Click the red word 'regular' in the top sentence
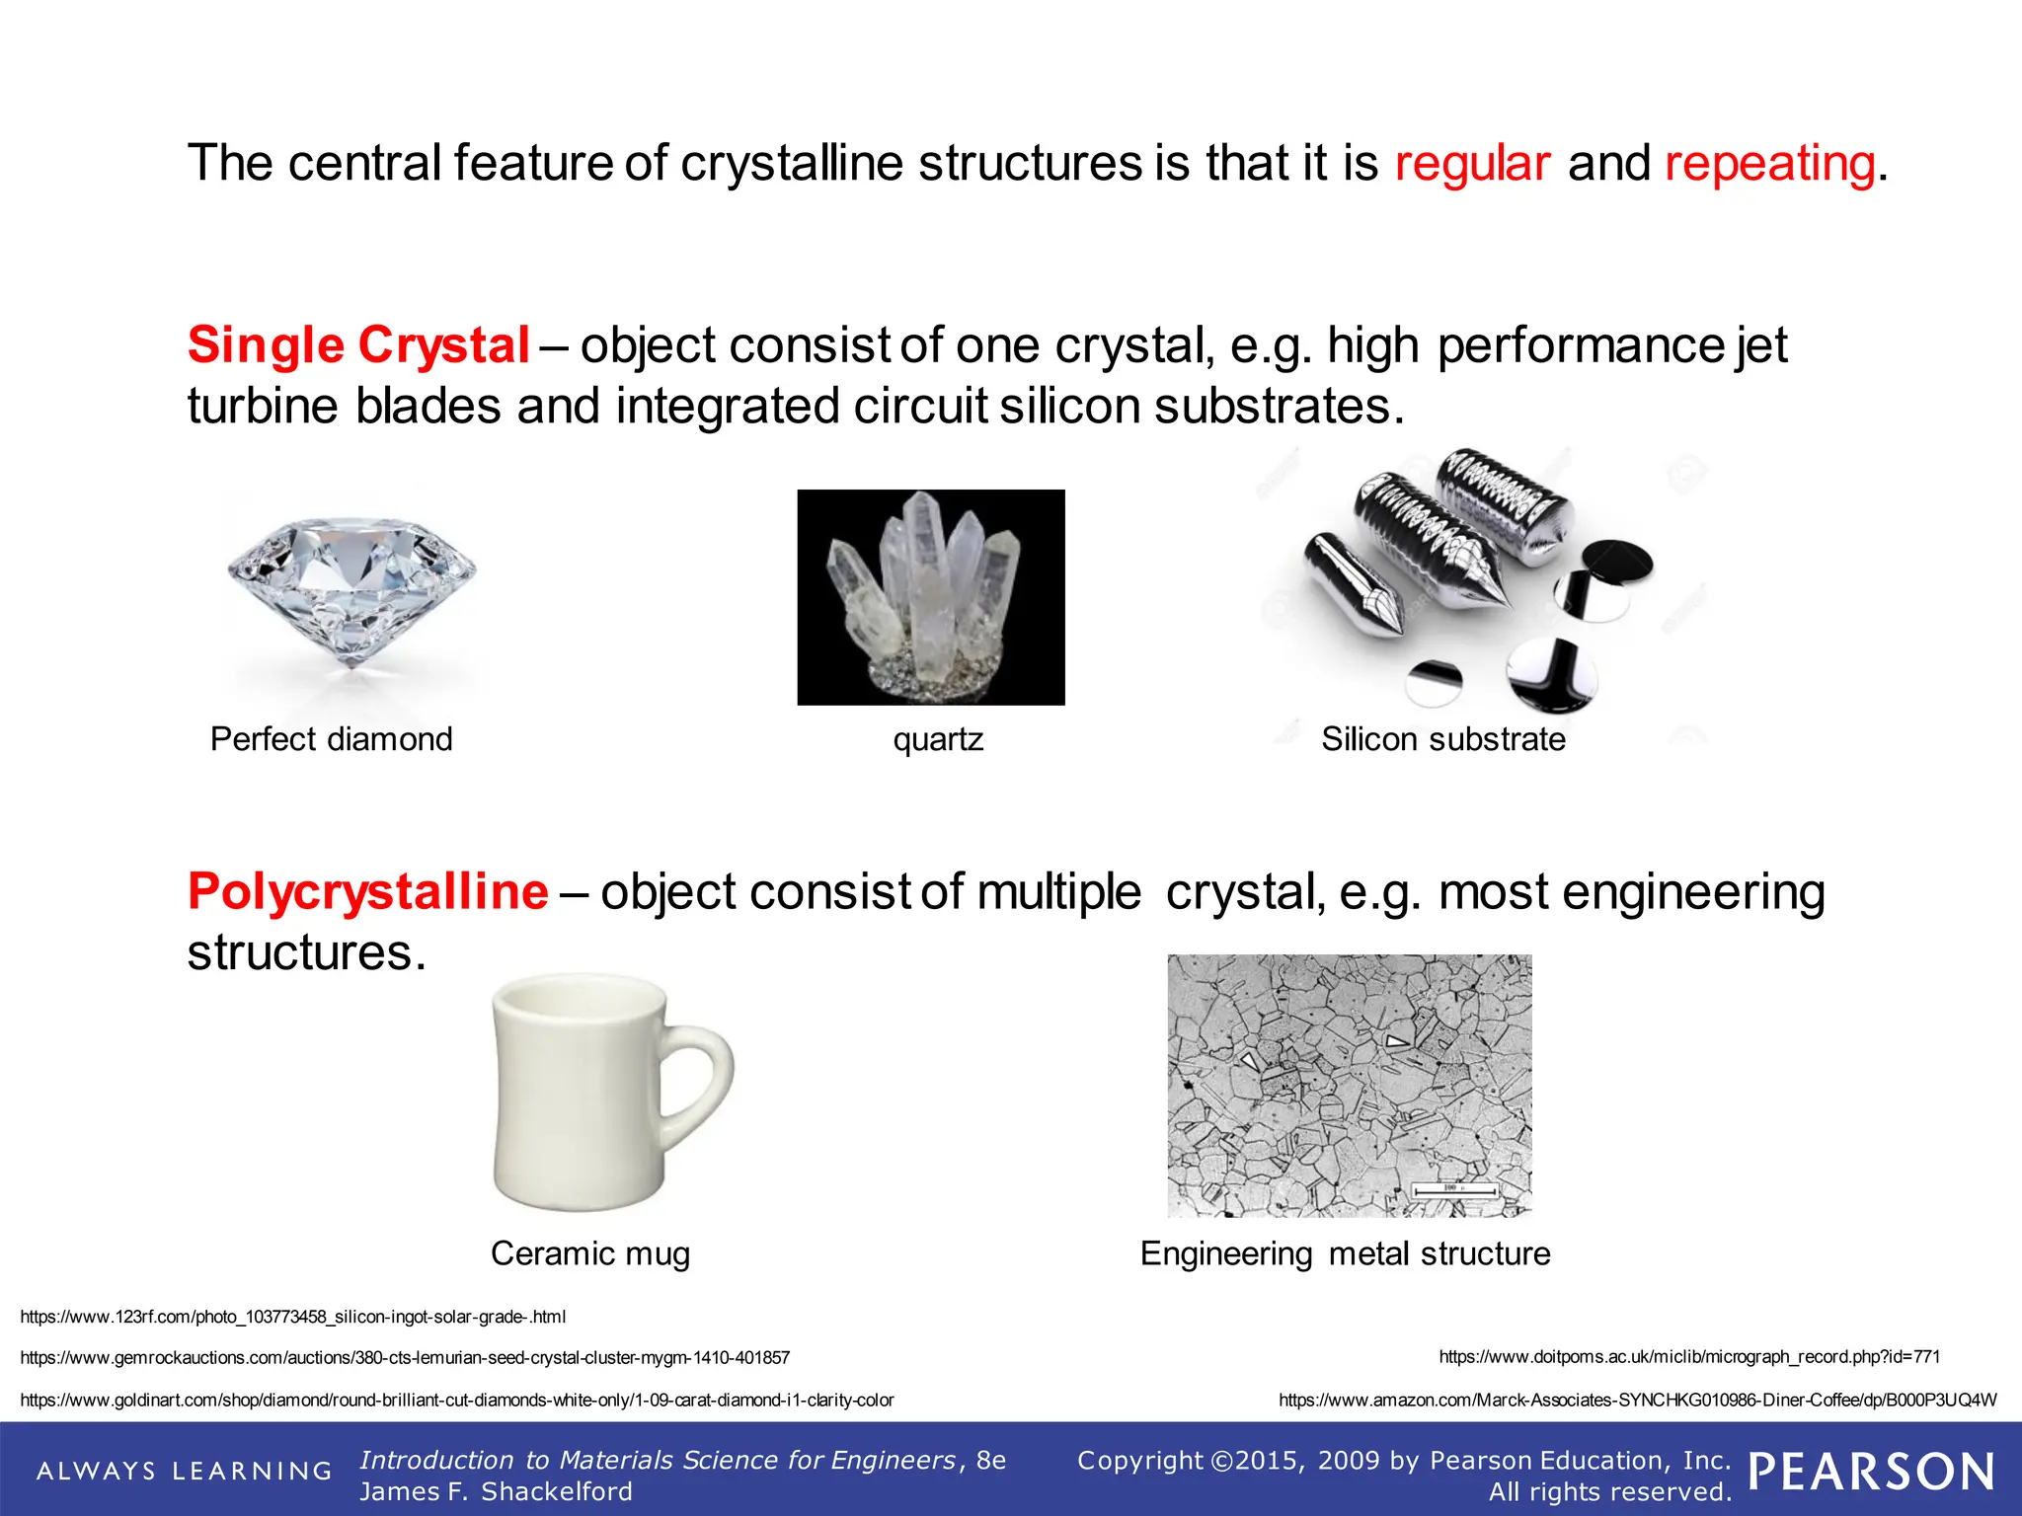(x=1471, y=163)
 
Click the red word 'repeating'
(x=1769, y=163)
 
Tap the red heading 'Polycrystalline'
(x=367, y=891)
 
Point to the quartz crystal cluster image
(x=930, y=597)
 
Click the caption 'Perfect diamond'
(x=331, y=739)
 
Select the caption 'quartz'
(x=938, y=739)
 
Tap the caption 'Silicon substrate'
(x=1442, y=739)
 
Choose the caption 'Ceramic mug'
(x=590, y=1253)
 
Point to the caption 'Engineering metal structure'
(x=1345, y=1253)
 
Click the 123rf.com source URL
(x=292, y=1317)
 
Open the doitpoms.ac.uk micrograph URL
(x=1689, y=1357)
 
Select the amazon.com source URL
(x=1637, y=1400)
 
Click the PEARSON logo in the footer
(x=1871, y=1472)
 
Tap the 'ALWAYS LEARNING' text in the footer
(x=185, y=1471)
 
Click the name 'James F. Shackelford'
(x=496, y=1491)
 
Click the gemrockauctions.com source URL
(x=405, y=1358)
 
